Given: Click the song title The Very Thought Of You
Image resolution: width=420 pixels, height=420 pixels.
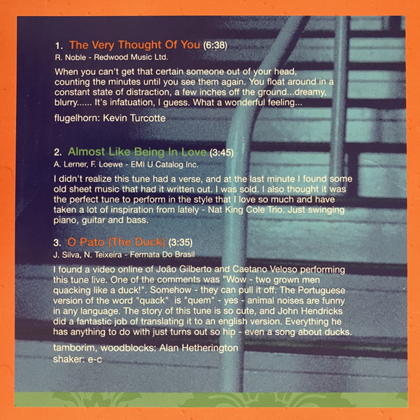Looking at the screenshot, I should pos(135,45).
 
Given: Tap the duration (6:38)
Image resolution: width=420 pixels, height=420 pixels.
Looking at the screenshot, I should pos(216,45).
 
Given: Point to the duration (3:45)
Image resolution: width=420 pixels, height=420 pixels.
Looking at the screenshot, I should pos(221,152).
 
